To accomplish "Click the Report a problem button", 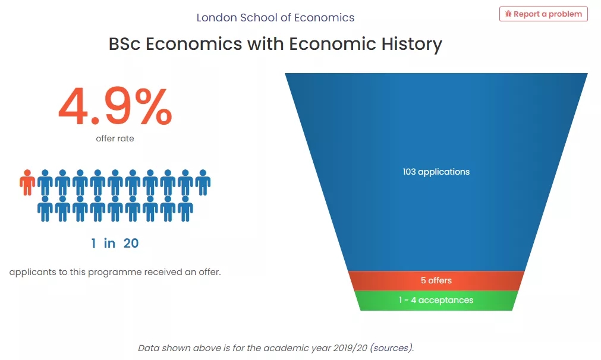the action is pos(543,14).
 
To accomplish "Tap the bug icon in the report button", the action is pos(508,14).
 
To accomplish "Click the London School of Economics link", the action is pos(275,18).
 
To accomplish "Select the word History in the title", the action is pos(411,44).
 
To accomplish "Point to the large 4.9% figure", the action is pos(115,107).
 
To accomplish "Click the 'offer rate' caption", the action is pos(115,138).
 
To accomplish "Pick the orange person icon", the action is pos(27,183).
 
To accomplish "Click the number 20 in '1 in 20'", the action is pos(131,243).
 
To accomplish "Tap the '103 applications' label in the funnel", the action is pos(436,172).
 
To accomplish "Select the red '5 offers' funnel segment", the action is pos(436,281).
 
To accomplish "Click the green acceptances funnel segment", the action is pos(436,301).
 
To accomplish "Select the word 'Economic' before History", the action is pos(332,44).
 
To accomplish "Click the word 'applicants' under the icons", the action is pos(33,272).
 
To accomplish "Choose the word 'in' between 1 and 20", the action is pos(109,243).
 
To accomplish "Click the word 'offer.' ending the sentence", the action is pos(210,272).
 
